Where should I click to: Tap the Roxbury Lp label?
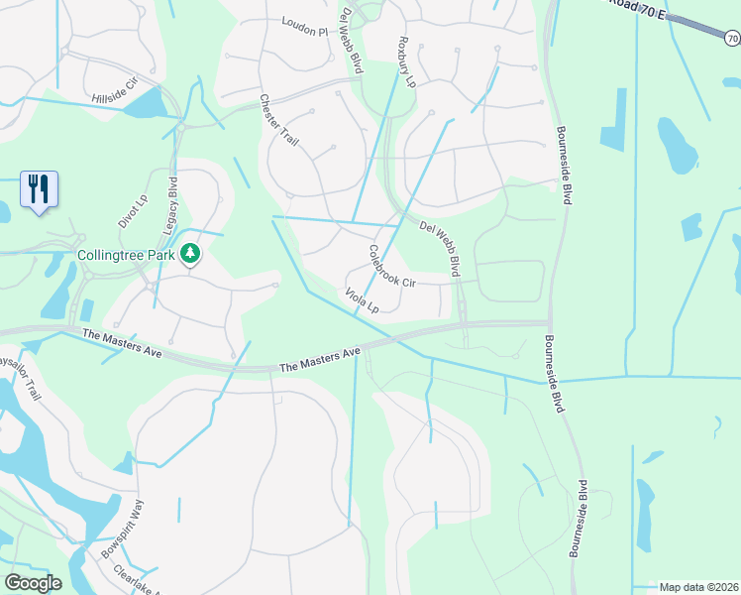[404, 61]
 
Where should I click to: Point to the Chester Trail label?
[278, 121]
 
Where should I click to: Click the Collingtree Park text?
[126, 255]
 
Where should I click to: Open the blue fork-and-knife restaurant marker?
[39, 188]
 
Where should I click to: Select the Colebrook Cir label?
[392, 267]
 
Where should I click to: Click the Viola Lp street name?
[363, 300]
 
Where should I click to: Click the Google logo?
[33, 583]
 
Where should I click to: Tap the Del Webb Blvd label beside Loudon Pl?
[351, 40]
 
